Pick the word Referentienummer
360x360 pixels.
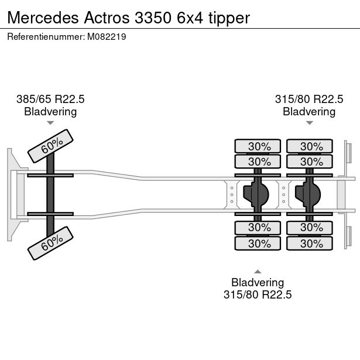point(44,36)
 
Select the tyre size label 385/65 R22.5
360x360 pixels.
point(50,100)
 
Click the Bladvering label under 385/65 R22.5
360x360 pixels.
point(50,112)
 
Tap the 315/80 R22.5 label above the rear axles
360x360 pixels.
point(309,100)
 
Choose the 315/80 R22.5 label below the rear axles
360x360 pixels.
point(258,294)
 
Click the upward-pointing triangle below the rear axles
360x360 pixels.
point(258,271)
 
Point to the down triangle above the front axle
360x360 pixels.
point(50,123)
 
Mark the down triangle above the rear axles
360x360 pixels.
point(309,123)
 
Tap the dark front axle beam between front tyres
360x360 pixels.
point(51,194)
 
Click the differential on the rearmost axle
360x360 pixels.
point(309,194)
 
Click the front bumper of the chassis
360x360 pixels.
point(11,194)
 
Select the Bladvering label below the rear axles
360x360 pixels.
point(258,282)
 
